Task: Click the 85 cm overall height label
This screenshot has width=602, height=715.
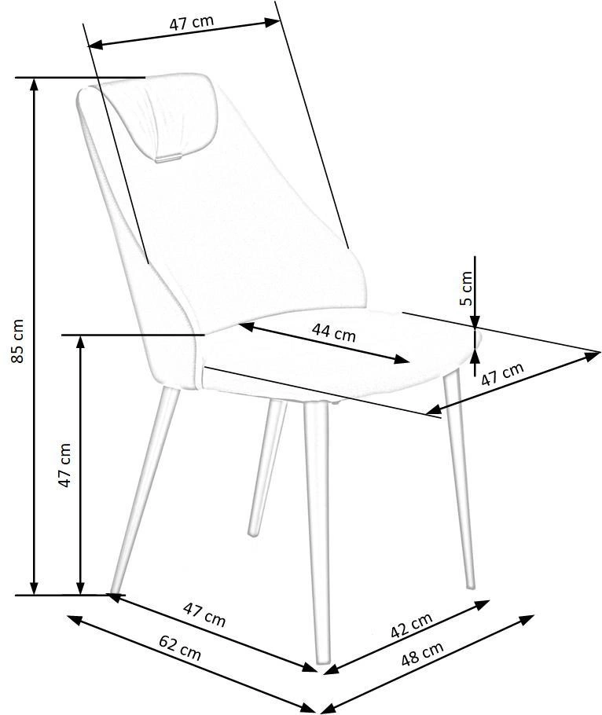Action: (x=17, y=341)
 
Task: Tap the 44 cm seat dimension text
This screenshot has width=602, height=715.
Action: (x=334, y=332)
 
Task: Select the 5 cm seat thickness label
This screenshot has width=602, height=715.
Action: (x=465, y=288)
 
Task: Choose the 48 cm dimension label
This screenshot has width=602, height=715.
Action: (x=422, y=654)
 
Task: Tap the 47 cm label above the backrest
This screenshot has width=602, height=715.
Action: (x=192, y=22)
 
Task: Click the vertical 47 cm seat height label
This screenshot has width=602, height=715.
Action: (x=65, y=465)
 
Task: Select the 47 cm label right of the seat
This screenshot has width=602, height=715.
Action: (x=502, y=374)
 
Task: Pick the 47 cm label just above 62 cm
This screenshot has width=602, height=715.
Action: (x=204, y=614)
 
